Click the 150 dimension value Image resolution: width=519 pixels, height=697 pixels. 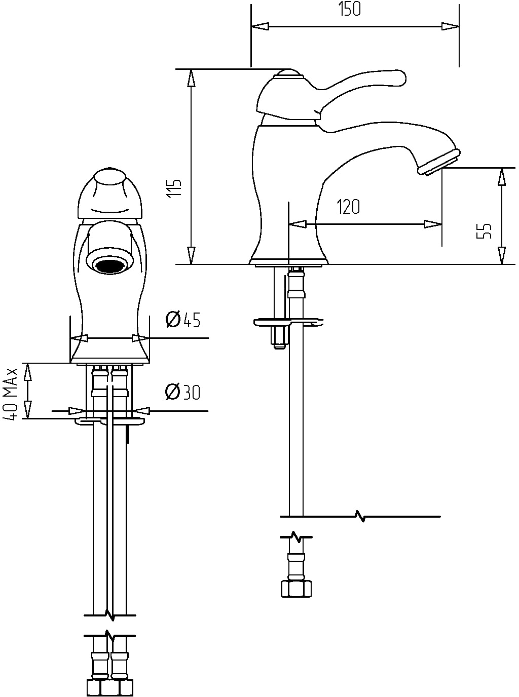click(350, 9)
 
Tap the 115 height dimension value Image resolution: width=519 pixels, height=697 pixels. click(174, 188)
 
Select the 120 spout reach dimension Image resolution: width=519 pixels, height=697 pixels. click(348, 207)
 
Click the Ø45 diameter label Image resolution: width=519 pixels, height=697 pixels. click(183, 319)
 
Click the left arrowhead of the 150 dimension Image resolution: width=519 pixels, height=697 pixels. click(260, 26)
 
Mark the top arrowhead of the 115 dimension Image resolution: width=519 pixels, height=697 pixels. click(191, 78)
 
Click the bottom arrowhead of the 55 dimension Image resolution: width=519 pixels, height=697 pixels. click(502, 255)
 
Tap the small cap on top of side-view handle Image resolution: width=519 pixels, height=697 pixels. click(289, 73)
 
